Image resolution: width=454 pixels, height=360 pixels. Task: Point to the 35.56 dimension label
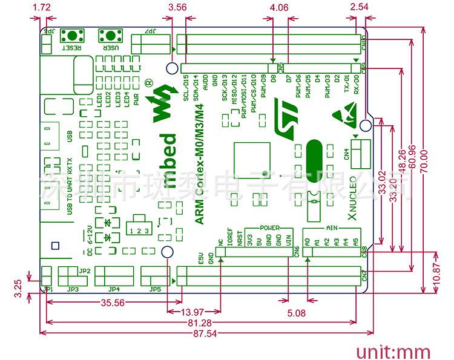click(x=113, y=303)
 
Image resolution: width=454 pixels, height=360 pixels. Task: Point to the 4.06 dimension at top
click(x=280, y=8)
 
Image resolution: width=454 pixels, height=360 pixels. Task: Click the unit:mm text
click(x=393, y=352)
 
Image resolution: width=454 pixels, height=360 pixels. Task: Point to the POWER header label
click(x=269, y=227)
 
